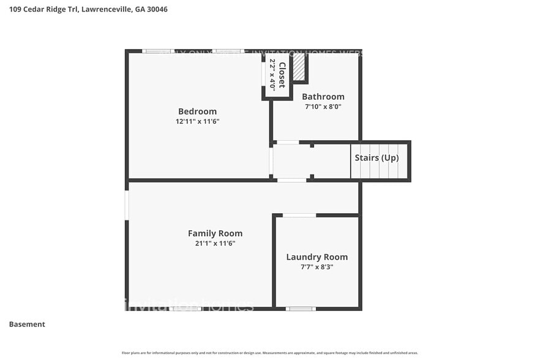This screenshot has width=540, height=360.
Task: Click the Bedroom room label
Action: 197,111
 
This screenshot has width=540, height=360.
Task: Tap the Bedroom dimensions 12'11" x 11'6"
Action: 197,121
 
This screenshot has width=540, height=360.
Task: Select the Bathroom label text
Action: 323,97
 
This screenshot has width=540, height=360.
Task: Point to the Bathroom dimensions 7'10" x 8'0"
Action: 323,107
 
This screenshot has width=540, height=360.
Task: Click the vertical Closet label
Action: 282,75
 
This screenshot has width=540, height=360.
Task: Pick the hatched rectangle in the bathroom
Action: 298,67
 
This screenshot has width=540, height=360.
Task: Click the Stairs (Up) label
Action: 377,158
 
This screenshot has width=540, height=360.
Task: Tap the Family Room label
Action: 215,233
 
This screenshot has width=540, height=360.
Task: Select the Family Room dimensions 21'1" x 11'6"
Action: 215,243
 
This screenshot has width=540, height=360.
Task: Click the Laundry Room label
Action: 317,257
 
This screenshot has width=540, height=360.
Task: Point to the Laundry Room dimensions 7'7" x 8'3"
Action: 317,267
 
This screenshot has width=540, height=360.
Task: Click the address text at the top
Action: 88,9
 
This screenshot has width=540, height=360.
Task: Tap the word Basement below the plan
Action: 27,324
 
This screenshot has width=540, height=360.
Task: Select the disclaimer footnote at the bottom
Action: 269,353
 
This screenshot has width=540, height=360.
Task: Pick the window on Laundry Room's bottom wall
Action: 301,309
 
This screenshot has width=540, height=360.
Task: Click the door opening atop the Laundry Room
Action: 299,215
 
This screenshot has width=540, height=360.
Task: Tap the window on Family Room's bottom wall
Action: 186,309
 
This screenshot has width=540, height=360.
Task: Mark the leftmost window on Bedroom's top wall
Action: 158,51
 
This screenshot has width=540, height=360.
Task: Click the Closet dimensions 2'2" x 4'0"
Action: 272,75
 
